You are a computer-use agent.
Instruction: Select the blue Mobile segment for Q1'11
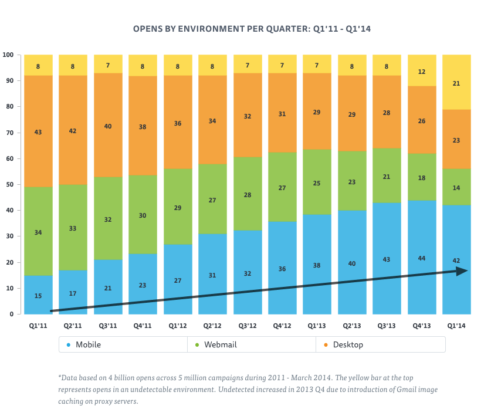coord(38,288)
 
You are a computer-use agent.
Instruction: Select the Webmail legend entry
coord(220,344)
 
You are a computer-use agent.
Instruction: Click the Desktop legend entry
coord(348,344)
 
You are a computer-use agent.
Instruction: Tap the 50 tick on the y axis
coord(8,184)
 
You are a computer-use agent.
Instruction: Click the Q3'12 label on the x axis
coord(247,325)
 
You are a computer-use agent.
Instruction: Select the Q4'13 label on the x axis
coord(421,325)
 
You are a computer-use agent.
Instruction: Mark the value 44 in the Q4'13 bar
coord(422,258)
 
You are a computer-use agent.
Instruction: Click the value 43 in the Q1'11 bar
coord(38,132)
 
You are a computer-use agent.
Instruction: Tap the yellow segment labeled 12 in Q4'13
coord(422,71)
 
